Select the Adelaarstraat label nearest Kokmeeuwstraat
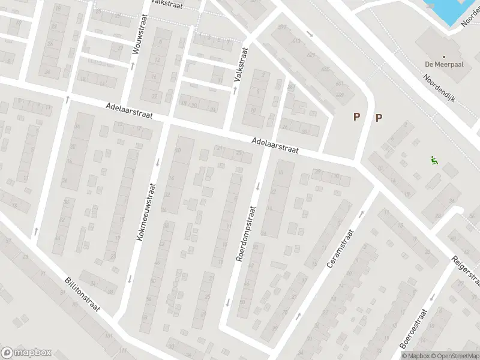pyautogui.click(x=127, y=111)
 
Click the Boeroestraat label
pyautogui.click(x=413, y=329)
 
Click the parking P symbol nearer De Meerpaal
pyautogui.click(x=379, y=118)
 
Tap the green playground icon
pyautogui.click(x=433, y=160)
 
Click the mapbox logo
pyautogui.click(x=26, y=352)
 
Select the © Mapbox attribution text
pyautogui.click(x=416, y=356)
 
